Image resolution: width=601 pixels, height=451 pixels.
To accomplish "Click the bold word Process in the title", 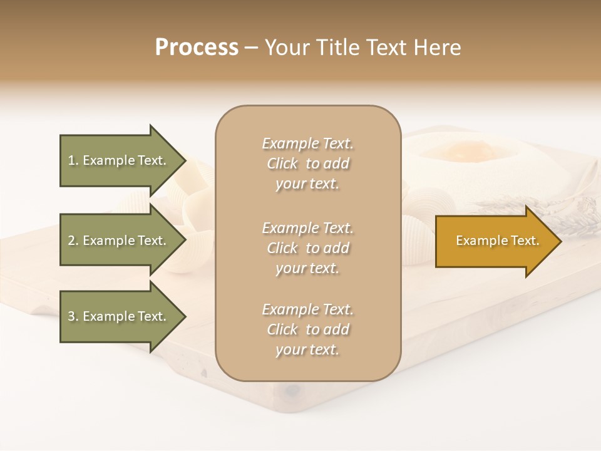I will [197, 48].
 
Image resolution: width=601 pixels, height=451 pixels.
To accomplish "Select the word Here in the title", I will [436, 48].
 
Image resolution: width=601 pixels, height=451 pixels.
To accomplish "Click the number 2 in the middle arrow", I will [71, 241].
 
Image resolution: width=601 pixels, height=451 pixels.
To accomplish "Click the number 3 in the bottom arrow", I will [71, 316].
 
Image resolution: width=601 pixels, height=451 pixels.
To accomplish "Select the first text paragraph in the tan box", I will [308, 163].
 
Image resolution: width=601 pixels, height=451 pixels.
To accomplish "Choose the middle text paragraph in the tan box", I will [308, 248].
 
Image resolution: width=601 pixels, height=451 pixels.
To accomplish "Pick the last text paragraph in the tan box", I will [308, 329].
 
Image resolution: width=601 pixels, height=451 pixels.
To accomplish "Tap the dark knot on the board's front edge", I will [292, 391].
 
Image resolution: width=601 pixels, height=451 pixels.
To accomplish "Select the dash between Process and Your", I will [251, 48].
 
